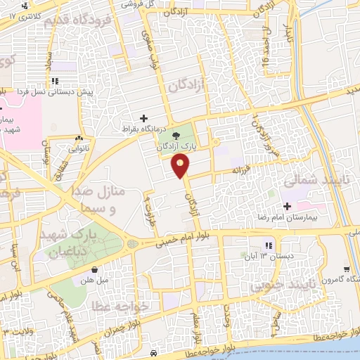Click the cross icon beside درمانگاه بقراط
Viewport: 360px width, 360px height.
(x=144, y=118)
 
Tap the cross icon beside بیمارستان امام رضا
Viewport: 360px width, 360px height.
(x=286, y=207)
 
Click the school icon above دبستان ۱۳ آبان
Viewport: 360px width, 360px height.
(x=268, y=245)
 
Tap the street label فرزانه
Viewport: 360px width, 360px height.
(x=238, y=170)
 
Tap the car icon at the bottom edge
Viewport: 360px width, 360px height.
(x=154, y=352)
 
